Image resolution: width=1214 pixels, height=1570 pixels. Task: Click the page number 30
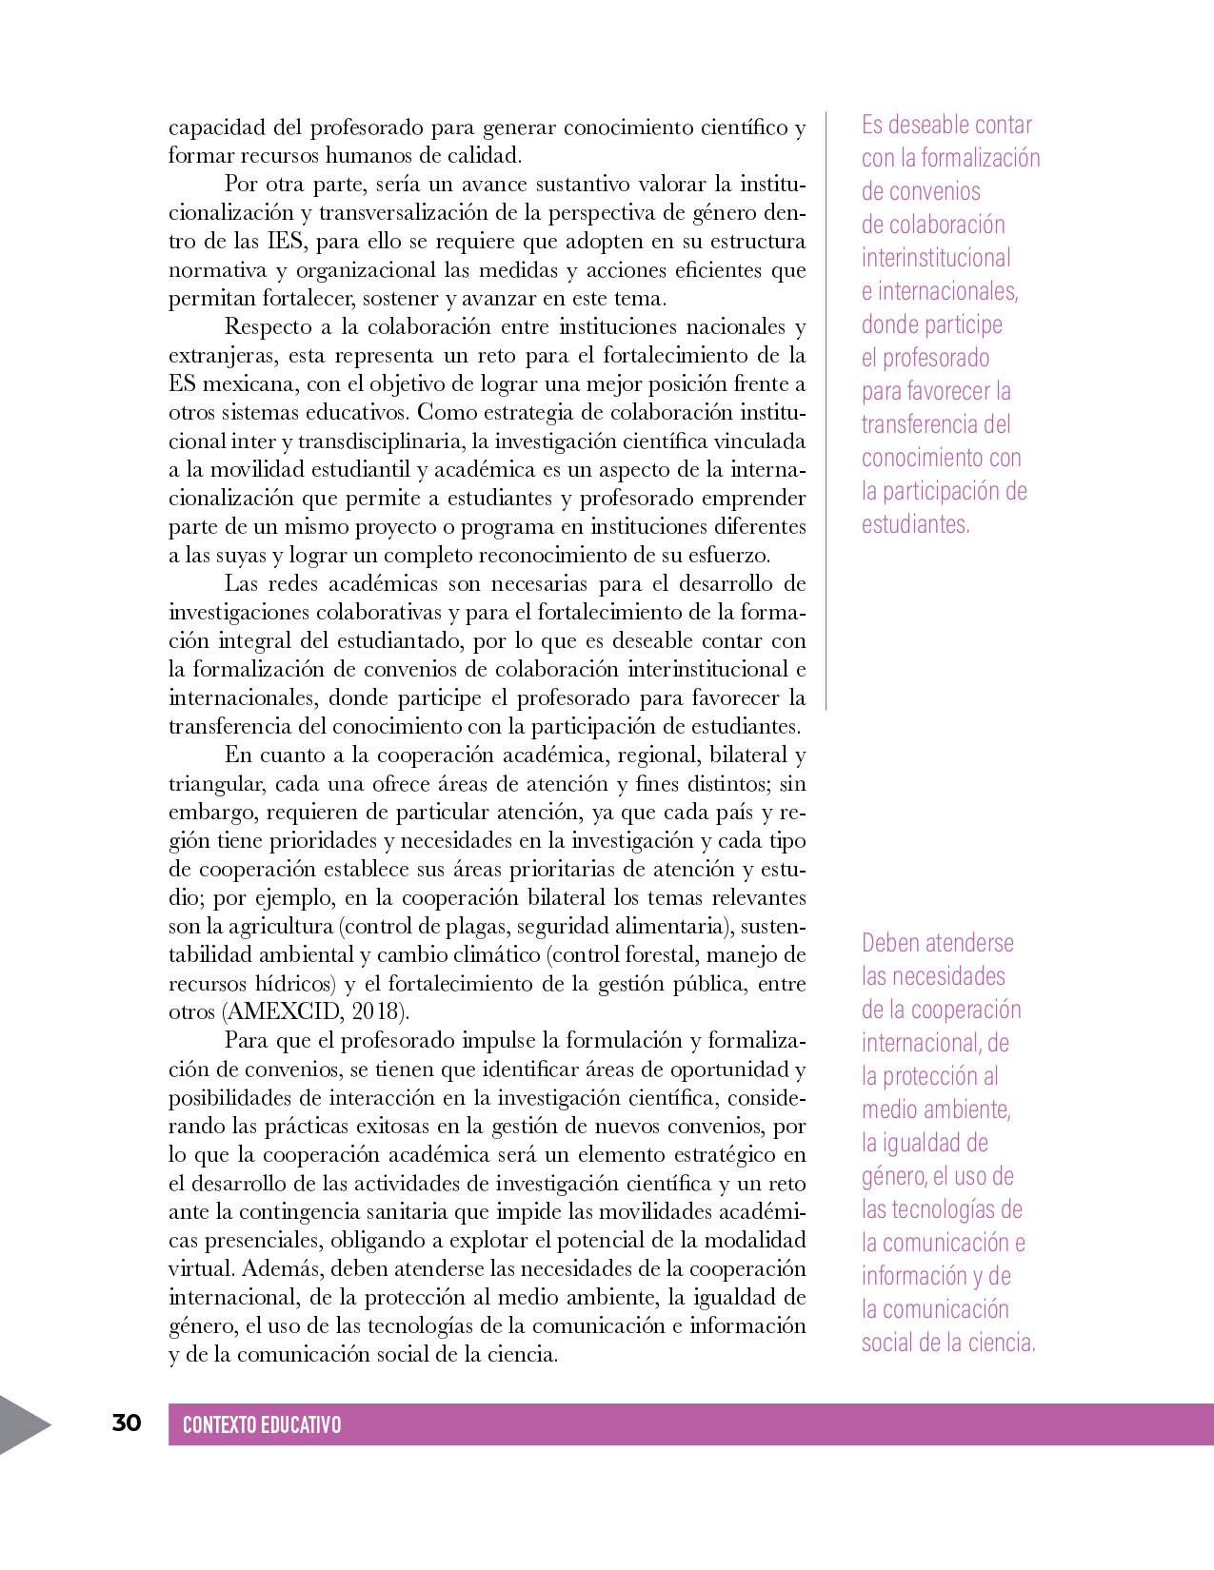point(127,1423)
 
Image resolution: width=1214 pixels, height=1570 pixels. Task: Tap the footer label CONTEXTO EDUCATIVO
point(262,1424)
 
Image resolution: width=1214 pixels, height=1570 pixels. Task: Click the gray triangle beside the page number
point(21,1424)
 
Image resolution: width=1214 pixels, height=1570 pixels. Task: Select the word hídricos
point(294,983)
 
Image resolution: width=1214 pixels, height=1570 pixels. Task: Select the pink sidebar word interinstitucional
point(936,258)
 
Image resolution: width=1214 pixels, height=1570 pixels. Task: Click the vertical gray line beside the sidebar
point(826,409)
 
